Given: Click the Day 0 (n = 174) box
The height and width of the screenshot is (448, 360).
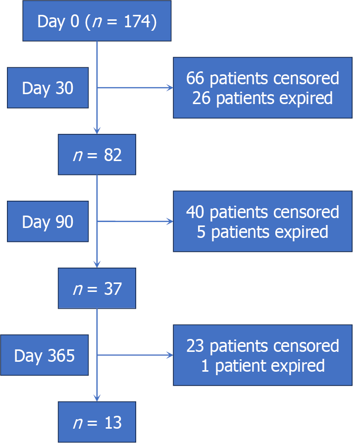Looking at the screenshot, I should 97,21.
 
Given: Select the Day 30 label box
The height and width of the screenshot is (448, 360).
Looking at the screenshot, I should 48,88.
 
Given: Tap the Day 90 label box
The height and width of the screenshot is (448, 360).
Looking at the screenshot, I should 48,222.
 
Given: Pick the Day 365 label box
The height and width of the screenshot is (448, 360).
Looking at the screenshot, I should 45,355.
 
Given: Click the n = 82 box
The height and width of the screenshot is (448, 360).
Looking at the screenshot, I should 97,155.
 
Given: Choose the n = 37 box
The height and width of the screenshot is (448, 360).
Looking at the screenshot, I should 97,288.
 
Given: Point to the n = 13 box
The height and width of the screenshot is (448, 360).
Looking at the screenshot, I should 97,422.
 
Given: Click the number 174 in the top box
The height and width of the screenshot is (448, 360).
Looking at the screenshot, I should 138,22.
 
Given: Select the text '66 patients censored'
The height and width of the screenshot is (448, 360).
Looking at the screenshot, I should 262,78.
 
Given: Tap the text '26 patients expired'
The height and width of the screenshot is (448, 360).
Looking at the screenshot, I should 262,98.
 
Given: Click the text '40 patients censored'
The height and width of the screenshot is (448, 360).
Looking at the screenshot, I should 262,212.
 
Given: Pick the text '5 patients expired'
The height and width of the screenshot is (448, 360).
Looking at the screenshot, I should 262,232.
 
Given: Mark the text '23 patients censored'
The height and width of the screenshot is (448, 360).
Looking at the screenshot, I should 262,346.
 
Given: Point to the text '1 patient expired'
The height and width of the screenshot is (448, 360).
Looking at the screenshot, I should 262,366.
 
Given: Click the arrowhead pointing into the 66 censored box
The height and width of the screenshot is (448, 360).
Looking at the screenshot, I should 170,88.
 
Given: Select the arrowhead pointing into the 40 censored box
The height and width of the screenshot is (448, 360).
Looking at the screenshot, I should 170,222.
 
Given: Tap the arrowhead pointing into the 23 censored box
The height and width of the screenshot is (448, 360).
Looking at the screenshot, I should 170,355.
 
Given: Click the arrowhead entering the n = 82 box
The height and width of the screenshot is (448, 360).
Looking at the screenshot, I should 97,131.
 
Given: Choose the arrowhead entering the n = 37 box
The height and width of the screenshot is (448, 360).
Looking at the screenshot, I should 97,265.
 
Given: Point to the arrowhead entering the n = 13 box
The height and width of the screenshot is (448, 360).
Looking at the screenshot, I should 97,398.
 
